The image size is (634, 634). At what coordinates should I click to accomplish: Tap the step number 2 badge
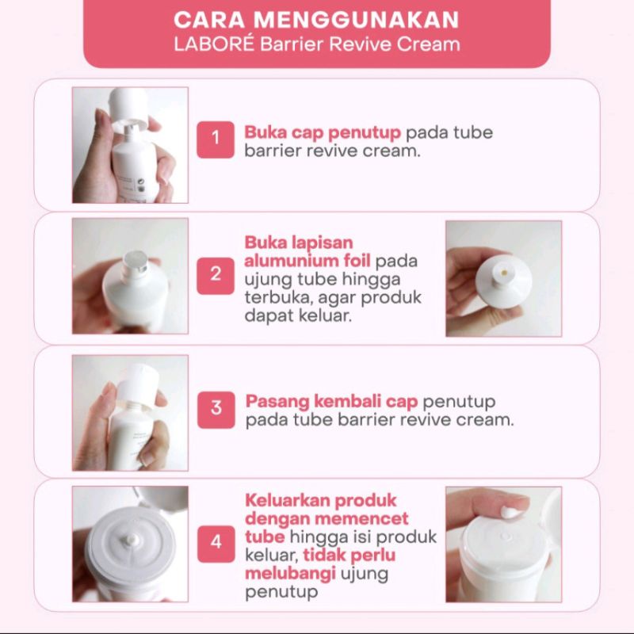pos(216,275)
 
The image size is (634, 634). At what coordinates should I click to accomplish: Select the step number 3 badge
pos(216,409)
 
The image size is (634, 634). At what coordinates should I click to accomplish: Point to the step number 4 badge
pos(216,543)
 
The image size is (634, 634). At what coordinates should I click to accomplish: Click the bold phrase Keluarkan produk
pos(321,501)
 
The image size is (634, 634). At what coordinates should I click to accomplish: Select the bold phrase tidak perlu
pos(349,555)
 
